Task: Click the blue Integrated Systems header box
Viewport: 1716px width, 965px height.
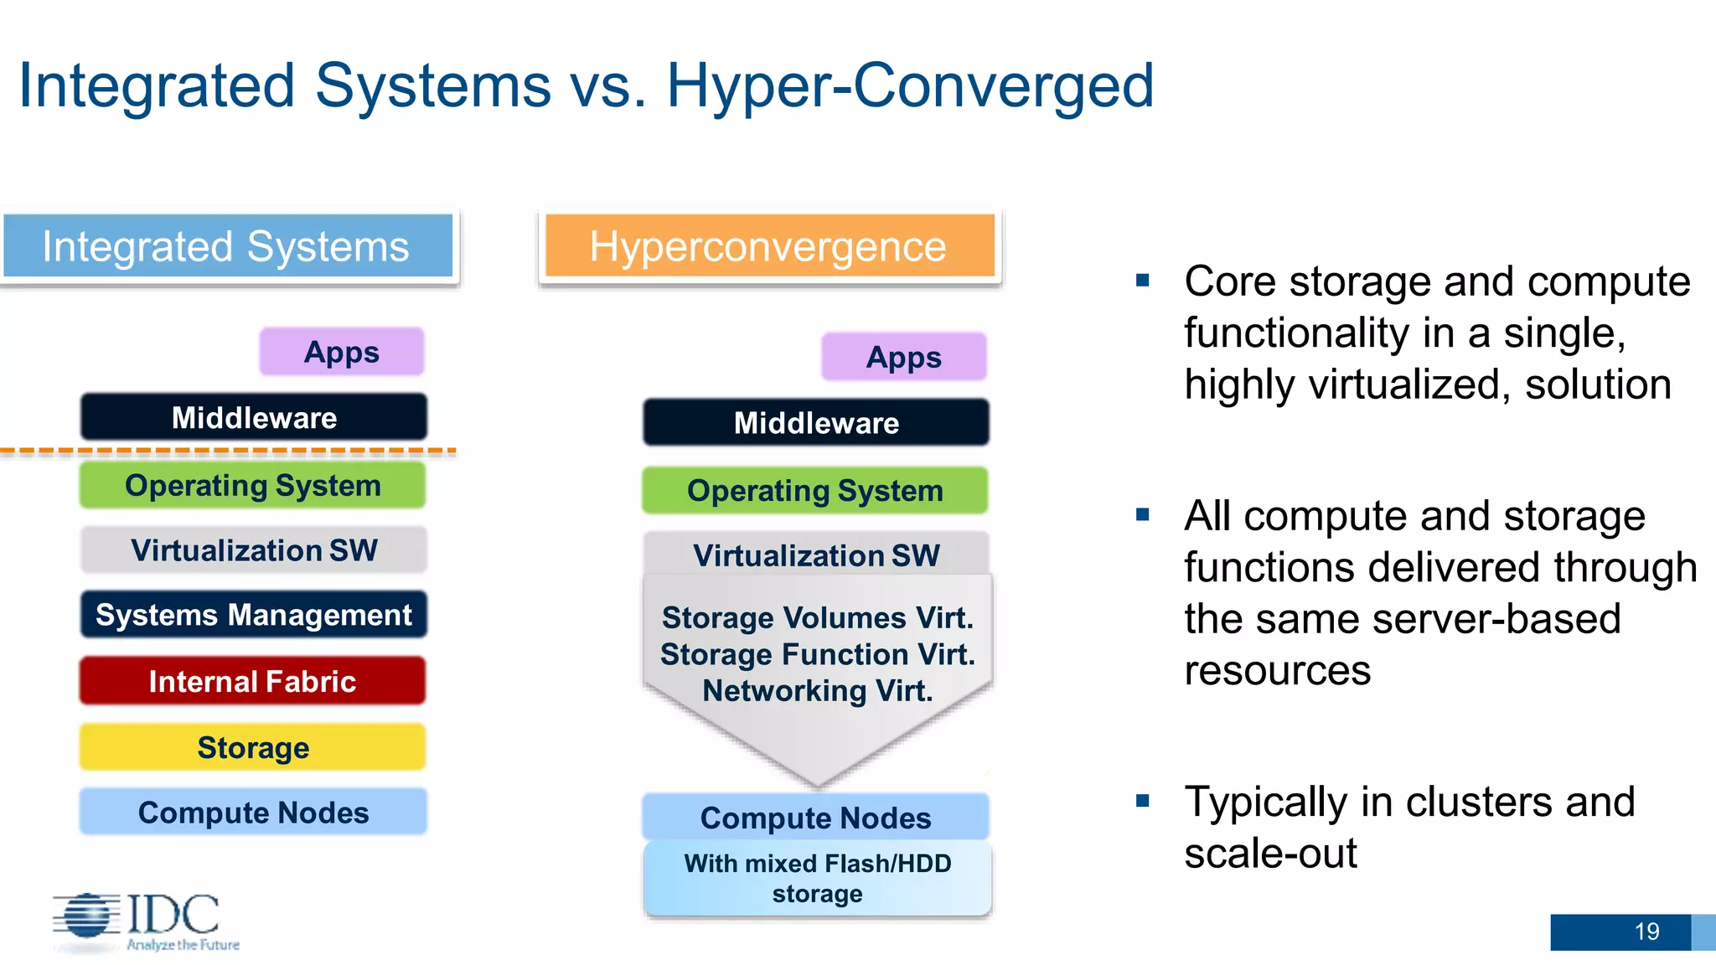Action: point(227,246)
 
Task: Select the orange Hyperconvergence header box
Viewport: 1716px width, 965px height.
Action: point(768,246)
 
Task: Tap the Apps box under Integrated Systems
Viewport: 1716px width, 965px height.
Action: point(342,352)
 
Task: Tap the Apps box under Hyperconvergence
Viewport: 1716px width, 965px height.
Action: point(904,357)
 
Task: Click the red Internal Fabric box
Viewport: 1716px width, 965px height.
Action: point(252,681)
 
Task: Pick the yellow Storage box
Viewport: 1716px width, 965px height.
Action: point(252,747)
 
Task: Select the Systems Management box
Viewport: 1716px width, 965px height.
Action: point(253,615)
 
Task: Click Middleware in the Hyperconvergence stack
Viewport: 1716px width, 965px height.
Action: point(816,422)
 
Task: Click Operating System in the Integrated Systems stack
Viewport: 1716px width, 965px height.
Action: point(252,486)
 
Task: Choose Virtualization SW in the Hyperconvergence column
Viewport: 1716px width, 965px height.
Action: point(816,555)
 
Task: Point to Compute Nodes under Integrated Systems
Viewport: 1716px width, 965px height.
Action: point(253,812)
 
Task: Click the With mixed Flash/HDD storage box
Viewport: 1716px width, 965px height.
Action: point(817,879)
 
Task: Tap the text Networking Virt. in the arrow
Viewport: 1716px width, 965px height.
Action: point(817,691)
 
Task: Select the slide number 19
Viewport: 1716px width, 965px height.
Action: point(1646,931)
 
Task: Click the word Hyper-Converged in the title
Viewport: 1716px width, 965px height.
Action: point(910,85)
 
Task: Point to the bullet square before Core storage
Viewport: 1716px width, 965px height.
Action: point(1143,281)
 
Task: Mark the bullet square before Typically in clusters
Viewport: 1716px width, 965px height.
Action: point(1143,801)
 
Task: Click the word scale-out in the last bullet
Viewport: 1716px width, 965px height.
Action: point(1270,854)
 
